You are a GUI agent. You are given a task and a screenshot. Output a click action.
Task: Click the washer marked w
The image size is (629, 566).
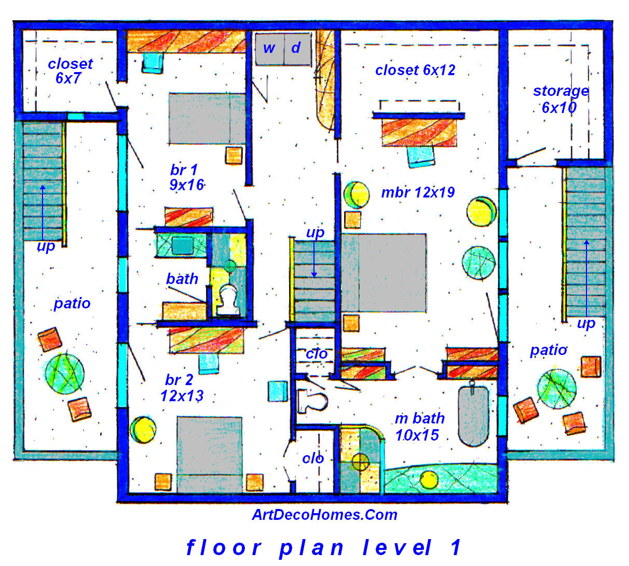tap(269, 49)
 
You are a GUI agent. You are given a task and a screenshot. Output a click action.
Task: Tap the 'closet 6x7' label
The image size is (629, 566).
tap(70, 71)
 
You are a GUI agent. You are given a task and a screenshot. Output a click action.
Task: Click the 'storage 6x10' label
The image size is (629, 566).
tap(560, 99)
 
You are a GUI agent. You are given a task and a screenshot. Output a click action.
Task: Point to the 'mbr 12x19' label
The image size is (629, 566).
tap(418, 193)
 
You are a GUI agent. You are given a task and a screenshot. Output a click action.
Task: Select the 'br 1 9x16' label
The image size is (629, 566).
tap(186, 177)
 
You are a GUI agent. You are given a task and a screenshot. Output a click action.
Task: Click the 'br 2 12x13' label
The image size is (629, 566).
tap(182, 388)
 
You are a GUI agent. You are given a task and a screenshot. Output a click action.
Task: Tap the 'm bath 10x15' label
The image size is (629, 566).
tap(419, 426)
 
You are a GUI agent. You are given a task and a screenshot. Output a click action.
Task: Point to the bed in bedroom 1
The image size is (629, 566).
tap(207, 119)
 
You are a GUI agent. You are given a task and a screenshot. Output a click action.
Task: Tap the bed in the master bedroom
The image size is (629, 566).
tap(384, 273)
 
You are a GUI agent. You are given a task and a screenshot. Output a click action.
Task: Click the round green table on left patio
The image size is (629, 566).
tap(64, 371)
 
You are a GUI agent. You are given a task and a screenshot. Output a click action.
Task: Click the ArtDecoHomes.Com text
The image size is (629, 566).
tap(324, 515)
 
